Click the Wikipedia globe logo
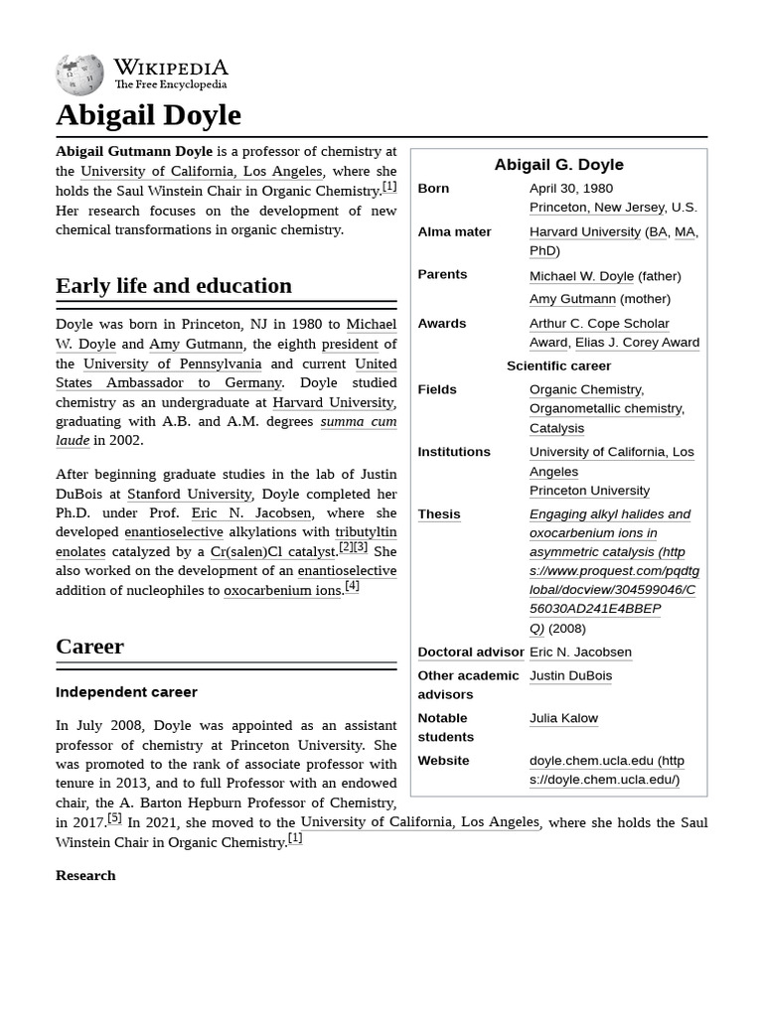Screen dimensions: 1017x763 [x=79, y=75]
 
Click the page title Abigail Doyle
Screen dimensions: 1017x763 [x=148, y=115]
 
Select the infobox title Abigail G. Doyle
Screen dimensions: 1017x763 [x=558, y=165]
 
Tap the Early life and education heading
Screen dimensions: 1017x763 [x=174, y=286]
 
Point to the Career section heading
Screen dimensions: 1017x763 [x=89, y=647]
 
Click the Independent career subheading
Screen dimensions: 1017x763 [x=126, y=692]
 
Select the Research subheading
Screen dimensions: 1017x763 [x=85, y=875]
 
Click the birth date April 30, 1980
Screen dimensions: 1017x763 [x=570, y=188]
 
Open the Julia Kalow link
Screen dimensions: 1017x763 [x=563, y=718]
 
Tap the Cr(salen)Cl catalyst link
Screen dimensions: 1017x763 [x=272, y=552]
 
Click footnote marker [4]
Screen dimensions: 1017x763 [x=352, y=586]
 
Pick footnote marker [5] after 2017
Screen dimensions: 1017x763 [x=115, y=818]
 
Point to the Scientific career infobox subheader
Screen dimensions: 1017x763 [x=558, y=365]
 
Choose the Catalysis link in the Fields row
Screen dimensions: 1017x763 [x=556, y=428]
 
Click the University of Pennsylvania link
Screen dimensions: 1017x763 [x=172, y=363]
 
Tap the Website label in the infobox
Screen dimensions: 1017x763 [x=443, y=761]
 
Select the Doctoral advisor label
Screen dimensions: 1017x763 [x=470, y=653]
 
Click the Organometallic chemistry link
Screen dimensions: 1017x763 [x=606, y=408]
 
